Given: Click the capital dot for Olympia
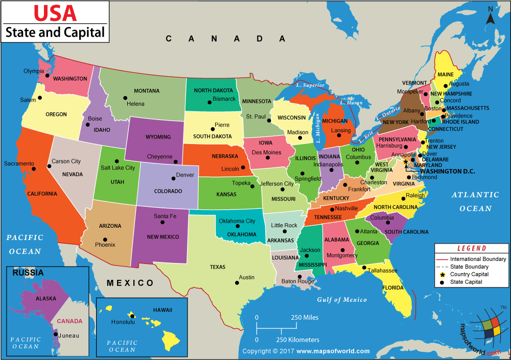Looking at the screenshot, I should click(47, 76).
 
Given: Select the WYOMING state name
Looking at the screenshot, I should click(157, 137).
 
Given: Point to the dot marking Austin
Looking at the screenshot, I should click(237, 282).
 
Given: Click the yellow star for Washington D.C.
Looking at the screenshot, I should click(406, 162).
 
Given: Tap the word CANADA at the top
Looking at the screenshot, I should click(225, 38).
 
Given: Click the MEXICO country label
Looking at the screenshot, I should click(130, 283).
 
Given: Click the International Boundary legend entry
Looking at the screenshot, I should click(477, 259).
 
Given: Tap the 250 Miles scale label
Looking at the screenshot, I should click(305, 318).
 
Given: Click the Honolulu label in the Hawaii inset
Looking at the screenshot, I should click(123, 322).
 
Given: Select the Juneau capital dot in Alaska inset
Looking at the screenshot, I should click(55, 335).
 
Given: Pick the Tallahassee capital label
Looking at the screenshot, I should click(383, 270).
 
